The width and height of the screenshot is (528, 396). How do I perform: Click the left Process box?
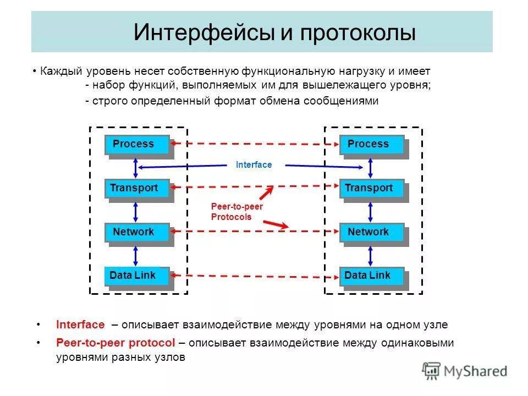[137, 145]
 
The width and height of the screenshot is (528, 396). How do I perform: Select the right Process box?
[372, 145]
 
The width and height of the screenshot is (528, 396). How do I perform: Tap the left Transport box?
[137, 189]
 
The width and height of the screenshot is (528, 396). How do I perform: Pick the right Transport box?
[372, 189]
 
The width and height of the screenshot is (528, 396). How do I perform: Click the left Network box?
[137, 232]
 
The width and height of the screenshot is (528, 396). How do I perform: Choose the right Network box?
[372, 232]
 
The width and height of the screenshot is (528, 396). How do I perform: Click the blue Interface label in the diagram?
[254, 165]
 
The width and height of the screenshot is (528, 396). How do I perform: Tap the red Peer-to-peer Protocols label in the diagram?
[237, 212]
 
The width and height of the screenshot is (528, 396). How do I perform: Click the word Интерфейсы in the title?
[204, 32]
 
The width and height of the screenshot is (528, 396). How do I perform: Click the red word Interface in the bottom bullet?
[80, 324]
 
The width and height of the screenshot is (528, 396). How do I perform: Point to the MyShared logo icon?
[431, 371]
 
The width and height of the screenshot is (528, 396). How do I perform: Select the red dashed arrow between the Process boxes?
[256, 144]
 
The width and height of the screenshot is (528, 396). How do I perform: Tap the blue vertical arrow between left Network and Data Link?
[136, 254]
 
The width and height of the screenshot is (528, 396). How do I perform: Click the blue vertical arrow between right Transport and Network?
[371, 211]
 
